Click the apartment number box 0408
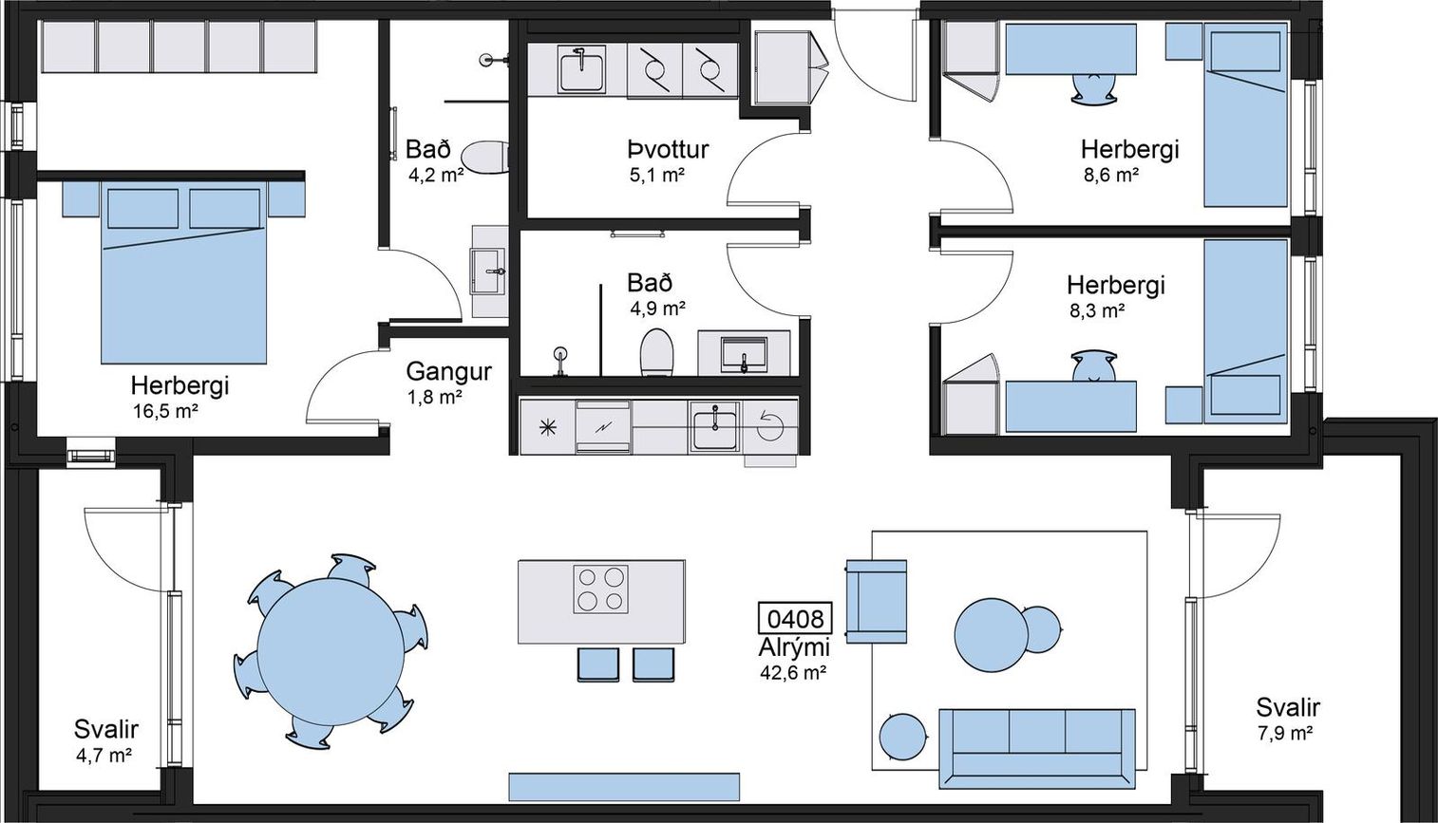click(795, 619)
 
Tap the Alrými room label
click(794, 648)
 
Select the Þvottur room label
click(669, 149)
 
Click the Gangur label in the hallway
click(448, 371)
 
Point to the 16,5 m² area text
click(164, 411)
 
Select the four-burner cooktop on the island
click(600, 589)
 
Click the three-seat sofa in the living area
click(1037, 749)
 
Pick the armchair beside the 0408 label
click(877, 601)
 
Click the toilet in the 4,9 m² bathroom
click(656, 353)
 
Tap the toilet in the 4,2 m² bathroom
click(486, 156)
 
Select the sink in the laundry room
click(581, 68)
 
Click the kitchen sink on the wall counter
click(714, 425)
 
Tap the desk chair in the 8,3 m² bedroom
click(1093, 365)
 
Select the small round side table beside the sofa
click(902, 737)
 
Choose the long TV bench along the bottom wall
click(624, 786)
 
